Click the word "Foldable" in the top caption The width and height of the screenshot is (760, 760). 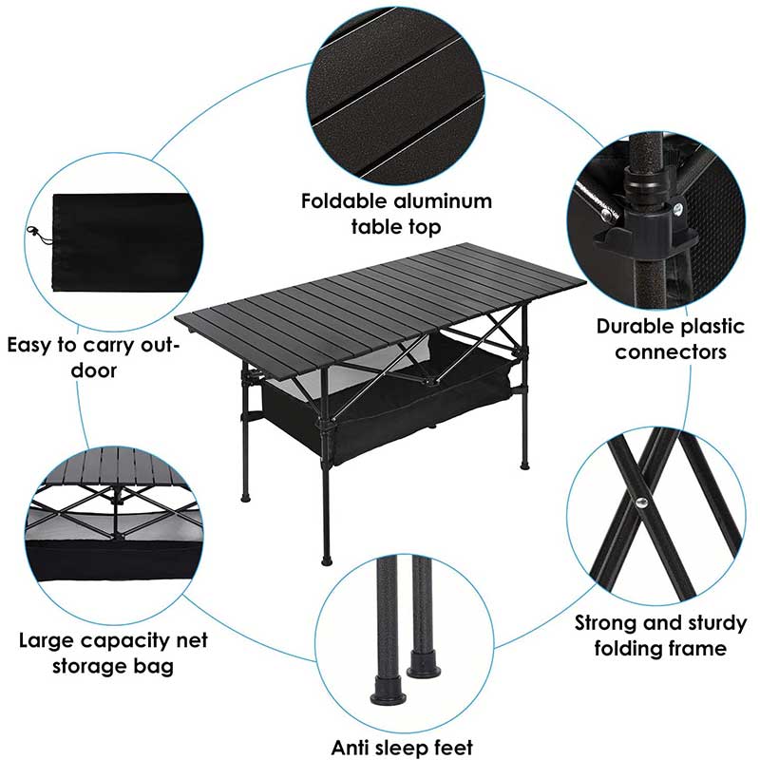[x=345, y=201]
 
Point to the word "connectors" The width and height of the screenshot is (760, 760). [x=671, y=352]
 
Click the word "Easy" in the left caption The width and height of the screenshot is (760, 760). [x=32, y=344]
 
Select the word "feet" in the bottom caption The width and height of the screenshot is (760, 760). [x=451, y=748]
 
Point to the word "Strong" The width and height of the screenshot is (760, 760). [x=609, y=623]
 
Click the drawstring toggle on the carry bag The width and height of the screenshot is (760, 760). [x=34, y=231]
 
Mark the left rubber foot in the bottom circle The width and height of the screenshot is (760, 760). [x=386, y=689]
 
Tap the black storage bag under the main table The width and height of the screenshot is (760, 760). [x=380, y=418]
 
